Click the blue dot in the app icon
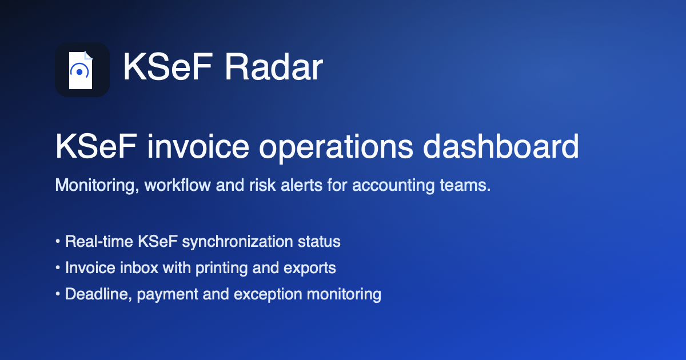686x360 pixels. coord(79,72)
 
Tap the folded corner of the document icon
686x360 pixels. coord(88,55)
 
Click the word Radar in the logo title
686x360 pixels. coord(274,67)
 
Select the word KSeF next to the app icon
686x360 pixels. coord(167,67)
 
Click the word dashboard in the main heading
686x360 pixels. coord(501,147)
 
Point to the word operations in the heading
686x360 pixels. coord(336,148)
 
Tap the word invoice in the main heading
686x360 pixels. coord(198,147)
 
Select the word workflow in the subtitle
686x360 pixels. coord(178,185)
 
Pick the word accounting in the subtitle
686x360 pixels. coord(393,186)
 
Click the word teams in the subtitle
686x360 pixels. coord(465,185)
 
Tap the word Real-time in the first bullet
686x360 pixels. coord(99,241)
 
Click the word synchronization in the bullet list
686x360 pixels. coord(238,242)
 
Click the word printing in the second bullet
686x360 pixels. coord(222,268)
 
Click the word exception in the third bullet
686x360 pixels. coord(268,294)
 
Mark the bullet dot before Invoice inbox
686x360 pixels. coord(58,267)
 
